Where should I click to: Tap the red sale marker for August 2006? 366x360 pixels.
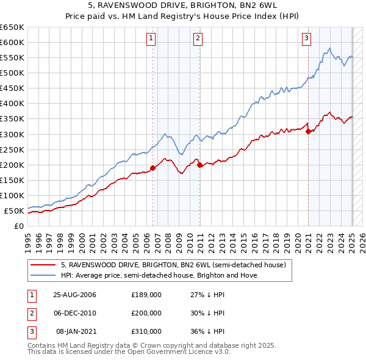152,168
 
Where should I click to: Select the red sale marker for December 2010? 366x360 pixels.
200,165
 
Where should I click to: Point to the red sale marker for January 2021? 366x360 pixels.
308,131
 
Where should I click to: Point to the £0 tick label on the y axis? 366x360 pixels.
18,226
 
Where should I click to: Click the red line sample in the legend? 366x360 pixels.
44,265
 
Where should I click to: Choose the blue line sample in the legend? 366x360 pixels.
44,275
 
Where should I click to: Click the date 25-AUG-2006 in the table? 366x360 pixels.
75,295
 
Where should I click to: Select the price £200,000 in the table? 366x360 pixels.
146,313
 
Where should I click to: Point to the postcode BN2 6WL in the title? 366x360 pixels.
262,7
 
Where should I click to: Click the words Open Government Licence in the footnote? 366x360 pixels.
174,352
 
